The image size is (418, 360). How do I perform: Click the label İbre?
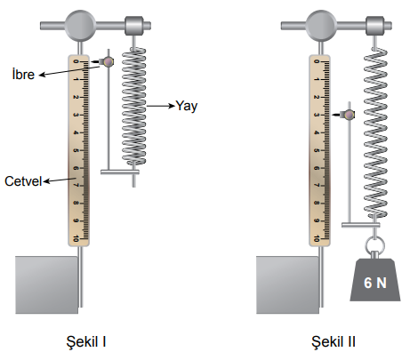(23, 74)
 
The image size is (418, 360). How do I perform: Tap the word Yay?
(186, 106)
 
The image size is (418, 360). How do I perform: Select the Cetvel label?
(23, 181)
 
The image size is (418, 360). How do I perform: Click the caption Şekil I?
(86, 341)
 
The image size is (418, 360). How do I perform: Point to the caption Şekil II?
(334, 341)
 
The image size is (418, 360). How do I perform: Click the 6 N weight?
(375, 279)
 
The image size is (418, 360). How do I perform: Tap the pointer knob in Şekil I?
(109, 62)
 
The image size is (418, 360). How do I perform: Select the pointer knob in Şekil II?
(350, 115)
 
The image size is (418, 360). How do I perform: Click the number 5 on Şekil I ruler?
(76, 150)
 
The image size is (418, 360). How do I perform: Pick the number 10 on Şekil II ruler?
(317, 238)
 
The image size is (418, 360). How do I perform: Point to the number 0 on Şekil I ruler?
(76, 61)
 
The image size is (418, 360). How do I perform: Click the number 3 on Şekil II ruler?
(317, 115)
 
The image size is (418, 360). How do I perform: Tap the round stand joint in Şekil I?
(80, 26)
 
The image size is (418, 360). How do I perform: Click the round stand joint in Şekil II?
(321, 26)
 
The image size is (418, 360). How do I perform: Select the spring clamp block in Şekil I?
(134, 26)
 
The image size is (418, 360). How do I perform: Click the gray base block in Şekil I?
(47, 284)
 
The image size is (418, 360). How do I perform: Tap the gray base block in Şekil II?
(288, 284)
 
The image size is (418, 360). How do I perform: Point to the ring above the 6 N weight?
(374, 244)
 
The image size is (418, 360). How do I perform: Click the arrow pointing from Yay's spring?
(160, 106)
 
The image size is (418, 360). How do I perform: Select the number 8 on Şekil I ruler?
(76, 203)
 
